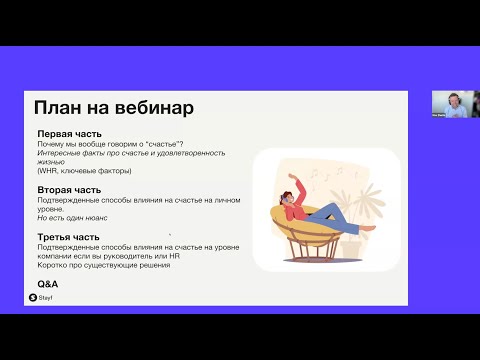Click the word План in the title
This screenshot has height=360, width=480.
[59, 107]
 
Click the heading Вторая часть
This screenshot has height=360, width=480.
[69, 189]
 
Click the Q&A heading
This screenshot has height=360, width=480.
[47, 284]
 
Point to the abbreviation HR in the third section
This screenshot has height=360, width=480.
[175, 256]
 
